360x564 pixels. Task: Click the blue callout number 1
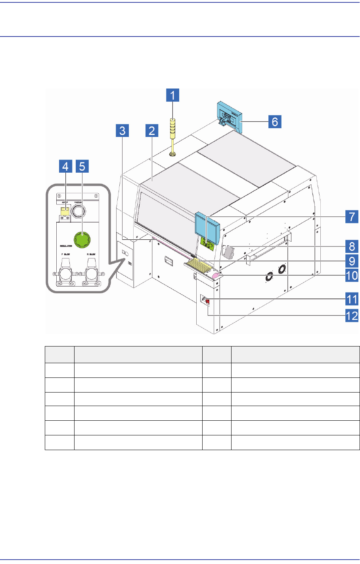coord(172,95)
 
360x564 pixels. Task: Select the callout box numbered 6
coord(275,121)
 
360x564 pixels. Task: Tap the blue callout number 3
coord(123,131)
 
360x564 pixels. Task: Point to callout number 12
coord(352,316)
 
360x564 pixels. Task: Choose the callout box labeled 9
coord(352,261)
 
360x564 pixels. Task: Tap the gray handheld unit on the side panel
coord(229,252)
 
